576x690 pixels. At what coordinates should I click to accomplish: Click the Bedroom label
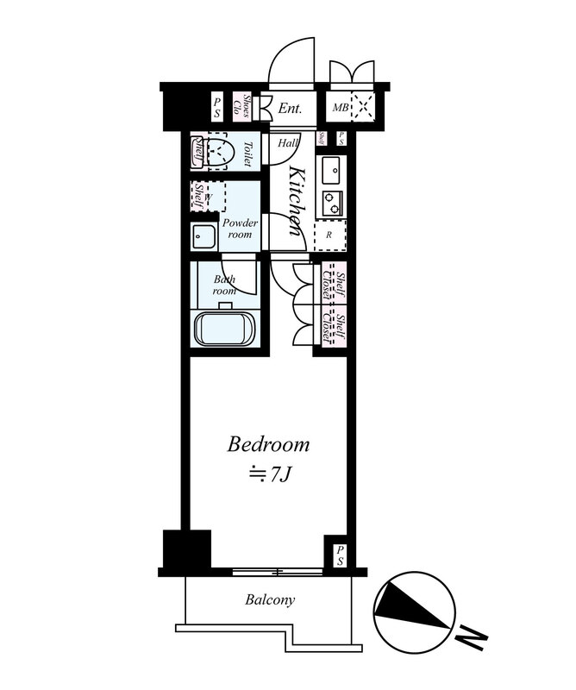(x=268, y=444)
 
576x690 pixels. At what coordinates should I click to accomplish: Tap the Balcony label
(x=270, y=599)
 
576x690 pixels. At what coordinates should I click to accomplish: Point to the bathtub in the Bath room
(x=225, y=329)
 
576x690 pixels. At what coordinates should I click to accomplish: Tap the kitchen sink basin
(x=331, y=170)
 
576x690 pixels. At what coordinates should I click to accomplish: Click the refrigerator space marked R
(x=330, y=235)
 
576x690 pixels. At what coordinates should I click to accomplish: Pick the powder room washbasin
(x=203, y=236)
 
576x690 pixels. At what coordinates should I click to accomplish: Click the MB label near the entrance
(x=340, y=108)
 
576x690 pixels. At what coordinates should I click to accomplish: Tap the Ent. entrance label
(x=291, y=109)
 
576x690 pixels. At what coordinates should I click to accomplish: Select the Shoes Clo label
(x=242, y=108)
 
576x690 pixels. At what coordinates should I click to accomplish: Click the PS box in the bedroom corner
(x=340, y=556)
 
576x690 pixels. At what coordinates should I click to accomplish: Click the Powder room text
(x=240, y=229)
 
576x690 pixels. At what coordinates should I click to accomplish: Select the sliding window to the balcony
(x=277, y=572)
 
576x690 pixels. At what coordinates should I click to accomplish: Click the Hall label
(x=288, y=143)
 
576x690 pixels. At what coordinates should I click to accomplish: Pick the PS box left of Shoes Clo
(x=217, y=108)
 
